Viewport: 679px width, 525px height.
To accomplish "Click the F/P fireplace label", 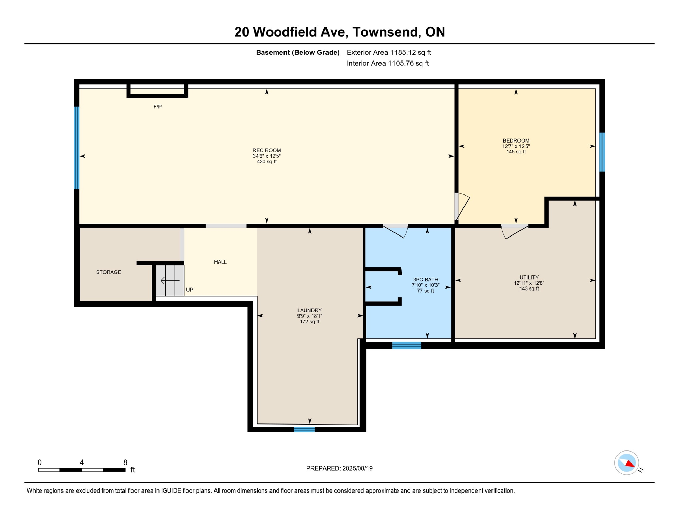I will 157,107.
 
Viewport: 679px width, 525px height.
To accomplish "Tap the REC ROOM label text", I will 267,150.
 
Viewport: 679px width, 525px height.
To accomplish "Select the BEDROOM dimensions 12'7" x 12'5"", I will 516,146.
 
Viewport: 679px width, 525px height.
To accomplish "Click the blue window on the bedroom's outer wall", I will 602,152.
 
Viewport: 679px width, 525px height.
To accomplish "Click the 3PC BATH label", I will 425,280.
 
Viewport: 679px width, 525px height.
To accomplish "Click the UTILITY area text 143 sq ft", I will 529,289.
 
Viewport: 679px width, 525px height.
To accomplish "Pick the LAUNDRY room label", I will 309,310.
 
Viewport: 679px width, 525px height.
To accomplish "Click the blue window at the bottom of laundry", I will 304,429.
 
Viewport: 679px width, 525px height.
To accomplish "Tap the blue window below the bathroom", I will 406,346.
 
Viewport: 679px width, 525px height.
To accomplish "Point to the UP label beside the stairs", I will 190,290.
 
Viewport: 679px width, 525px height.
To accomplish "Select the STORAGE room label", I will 109,272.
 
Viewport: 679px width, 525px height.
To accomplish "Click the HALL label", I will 220,262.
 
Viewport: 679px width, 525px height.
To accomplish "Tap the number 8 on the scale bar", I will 125,462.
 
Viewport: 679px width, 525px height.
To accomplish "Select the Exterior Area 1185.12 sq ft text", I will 389,53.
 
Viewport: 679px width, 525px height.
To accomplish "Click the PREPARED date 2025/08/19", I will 356,469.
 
